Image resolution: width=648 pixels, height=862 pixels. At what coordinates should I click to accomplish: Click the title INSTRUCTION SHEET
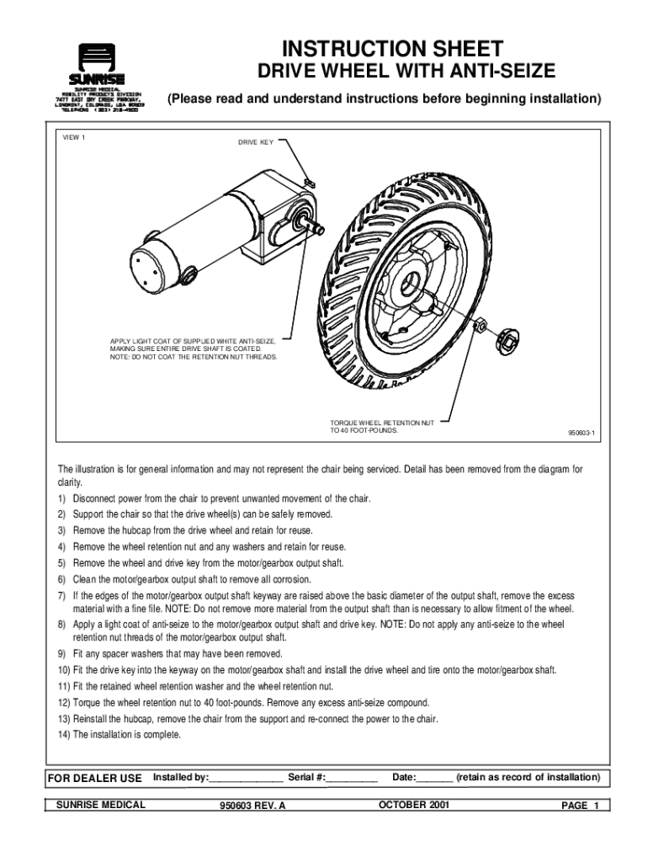[x=392, y=48]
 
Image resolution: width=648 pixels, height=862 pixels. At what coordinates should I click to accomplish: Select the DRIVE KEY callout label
[x=255, y=142]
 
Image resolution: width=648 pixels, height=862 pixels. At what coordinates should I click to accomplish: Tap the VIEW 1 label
[x=74, y=137]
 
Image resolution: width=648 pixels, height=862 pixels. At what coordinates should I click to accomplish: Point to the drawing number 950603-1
[x=581, y=434]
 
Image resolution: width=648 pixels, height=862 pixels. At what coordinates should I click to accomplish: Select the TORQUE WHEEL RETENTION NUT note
[x=382, y=427]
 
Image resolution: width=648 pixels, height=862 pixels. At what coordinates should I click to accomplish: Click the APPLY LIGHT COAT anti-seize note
[x=194, y=349]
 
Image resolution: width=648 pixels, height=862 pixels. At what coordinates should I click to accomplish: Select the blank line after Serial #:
[x=353, y=778]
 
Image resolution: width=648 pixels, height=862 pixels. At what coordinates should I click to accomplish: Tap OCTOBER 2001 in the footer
[x=414, y=806]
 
